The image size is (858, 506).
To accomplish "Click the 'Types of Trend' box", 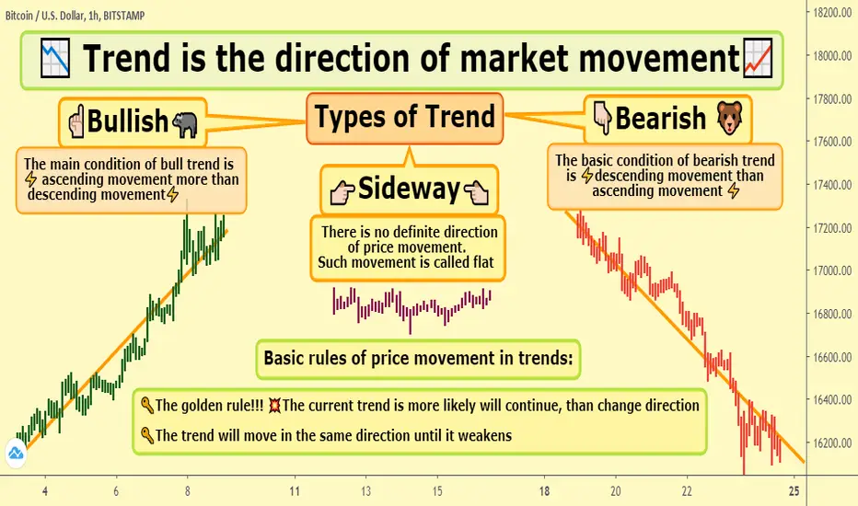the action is click(404, 119).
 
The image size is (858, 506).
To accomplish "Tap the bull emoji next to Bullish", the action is click(184, 123).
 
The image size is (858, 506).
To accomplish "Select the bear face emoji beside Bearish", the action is click(731, 118).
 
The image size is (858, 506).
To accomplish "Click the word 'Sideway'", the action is click(410, 189).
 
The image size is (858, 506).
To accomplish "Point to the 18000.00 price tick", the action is click(832, 56).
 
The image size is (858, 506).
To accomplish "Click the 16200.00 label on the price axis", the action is click(832, 443).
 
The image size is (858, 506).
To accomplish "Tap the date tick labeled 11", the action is click(295, 490).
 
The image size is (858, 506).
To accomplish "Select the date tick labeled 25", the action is click(794, 490).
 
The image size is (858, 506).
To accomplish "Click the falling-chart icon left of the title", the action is click(55, 58).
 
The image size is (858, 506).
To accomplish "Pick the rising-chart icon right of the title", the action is click(758, 58).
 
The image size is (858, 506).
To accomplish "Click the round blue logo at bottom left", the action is click(16, 453).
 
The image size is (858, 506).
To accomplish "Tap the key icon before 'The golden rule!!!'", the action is click(147, 406).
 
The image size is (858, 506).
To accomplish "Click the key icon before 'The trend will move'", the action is click(147, 435).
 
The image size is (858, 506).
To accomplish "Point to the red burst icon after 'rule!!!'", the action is click(274, 406).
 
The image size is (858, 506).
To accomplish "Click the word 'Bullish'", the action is click(127, 121).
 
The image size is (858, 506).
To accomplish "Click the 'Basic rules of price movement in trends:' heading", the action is click(418, 358).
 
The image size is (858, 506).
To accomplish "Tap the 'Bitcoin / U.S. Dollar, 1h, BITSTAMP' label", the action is click(75, 16).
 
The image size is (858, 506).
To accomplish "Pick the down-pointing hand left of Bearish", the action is click(602, 118).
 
